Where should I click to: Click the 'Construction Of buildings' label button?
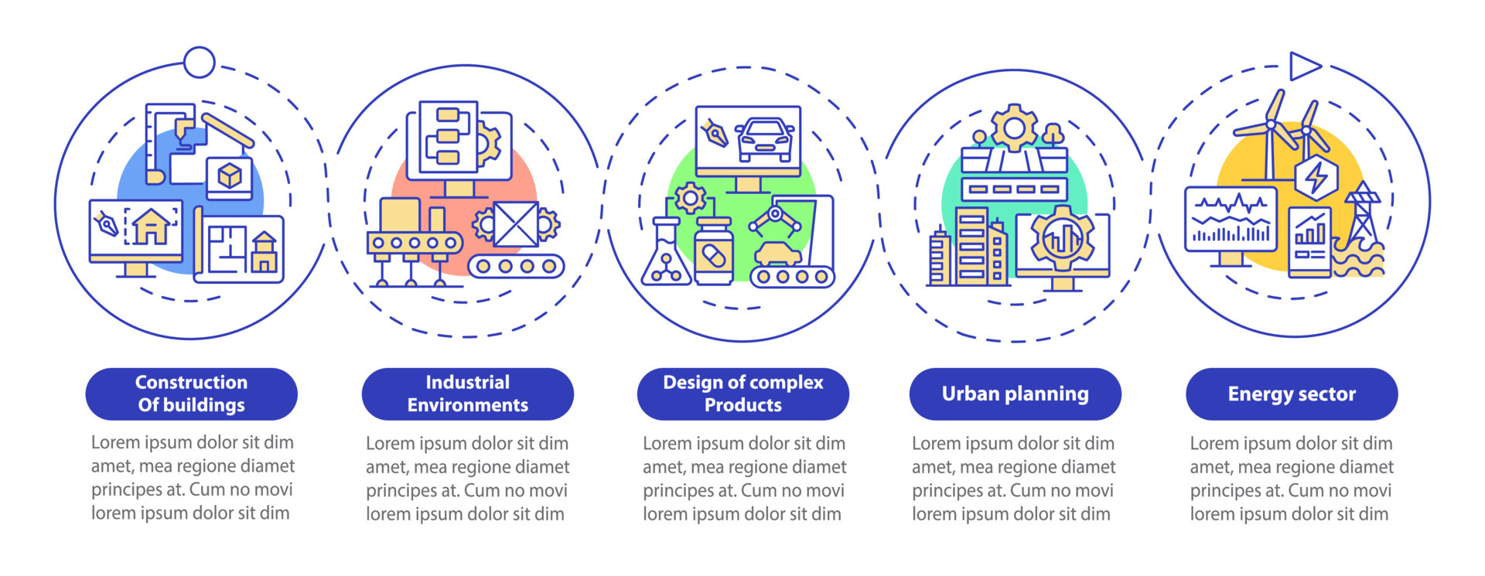[x=191, y=394]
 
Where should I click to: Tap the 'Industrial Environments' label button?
[x=467, y=394]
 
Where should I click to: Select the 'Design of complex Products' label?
[x=742, y=394]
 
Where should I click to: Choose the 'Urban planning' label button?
[x=1015, y=394]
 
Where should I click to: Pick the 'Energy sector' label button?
[x=1291, y=394]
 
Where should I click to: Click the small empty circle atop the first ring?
[x=200, y=63]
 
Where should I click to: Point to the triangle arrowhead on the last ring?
[x=1304, y=66]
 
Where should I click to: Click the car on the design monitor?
[x=764, y=139]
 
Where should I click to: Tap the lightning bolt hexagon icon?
[x=1316, y=177]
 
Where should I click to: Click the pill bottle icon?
[x=714, y=251]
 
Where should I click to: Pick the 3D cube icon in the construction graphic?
[x=230, y=176]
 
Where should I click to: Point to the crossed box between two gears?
[x=516, y=224]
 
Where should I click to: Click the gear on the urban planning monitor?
[x=1063, y=238]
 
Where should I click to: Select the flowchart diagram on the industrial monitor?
[x=448, y=137]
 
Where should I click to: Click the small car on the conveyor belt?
[x=778, y=254]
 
